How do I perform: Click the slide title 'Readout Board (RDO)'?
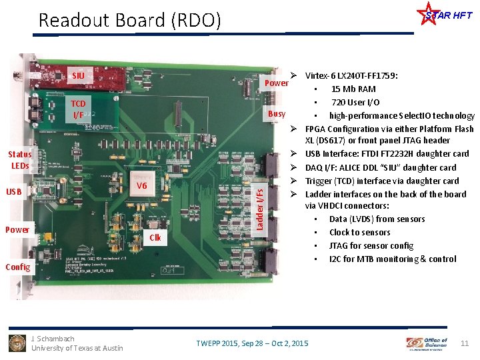129,20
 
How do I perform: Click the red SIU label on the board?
78,75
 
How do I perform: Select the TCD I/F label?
78,109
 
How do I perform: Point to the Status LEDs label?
20,160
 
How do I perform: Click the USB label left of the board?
13,193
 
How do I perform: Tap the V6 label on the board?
141,185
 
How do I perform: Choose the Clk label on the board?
155,237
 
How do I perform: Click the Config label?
17,267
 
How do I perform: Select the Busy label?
277,114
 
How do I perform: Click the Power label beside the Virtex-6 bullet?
277,83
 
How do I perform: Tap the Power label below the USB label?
17,230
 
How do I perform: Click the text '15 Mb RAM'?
353,89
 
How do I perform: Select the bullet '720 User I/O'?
355,102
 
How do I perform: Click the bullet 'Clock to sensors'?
359,232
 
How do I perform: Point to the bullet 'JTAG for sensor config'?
371,245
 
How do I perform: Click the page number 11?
465,343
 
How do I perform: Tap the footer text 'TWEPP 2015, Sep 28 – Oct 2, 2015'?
252,343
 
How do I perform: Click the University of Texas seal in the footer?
17,343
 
